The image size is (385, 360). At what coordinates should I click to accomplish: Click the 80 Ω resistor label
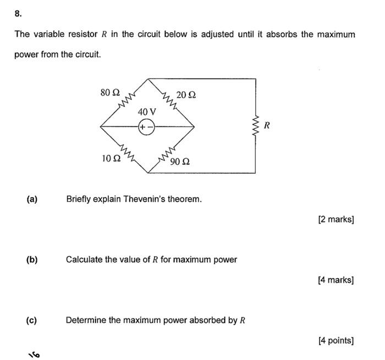pyautogui.click(x=110, y=92)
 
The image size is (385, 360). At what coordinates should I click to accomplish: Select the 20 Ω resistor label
pyautogui.click(x=186, y=95)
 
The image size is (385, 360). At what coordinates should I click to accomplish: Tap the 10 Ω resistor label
pyautogui.click(x=111, y=158)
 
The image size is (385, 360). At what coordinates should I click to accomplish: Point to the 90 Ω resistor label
pyautogui.click(x=180, y=162)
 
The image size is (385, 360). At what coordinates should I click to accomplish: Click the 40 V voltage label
pyautogui.click(x=147, y=112)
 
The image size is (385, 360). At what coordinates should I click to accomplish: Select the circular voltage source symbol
pyautogui.click(x=147, y=127)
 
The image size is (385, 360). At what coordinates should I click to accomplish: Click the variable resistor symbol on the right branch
pyautogui.click(x=255, y=125)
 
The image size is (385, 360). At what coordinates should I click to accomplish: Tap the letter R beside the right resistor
pyautogui.click(x=267, y=125)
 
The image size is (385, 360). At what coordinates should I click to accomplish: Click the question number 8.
pyautogui.click(x=18, y=13)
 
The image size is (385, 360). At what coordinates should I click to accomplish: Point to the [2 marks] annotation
pyautogui.click(x=335, y=220)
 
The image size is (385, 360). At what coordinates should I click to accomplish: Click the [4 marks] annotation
pyautogui.click(x=335, y=280)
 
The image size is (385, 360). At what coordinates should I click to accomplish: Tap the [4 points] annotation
pyautogui.click(x=335, y=341)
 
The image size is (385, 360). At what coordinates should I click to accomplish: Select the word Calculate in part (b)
pyautogui.click(x=84, y=259)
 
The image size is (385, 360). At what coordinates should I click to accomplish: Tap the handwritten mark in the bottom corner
pyautogui.click(x=34, y=354)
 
